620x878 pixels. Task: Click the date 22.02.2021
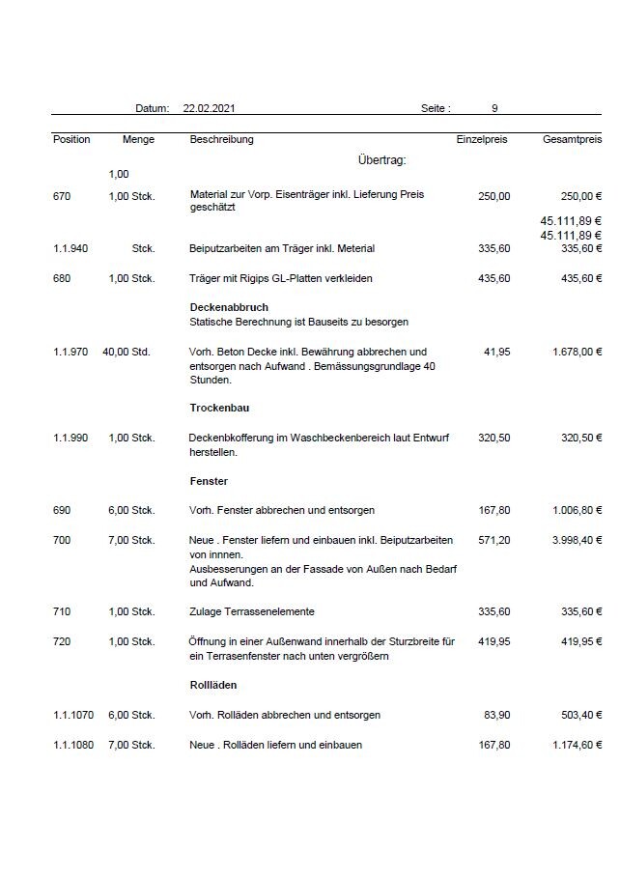pos(208,109)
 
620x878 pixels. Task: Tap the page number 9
pos(494,109)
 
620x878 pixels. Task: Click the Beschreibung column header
pos(222,140)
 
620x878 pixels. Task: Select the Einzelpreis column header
pos(481,140)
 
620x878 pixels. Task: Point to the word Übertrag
pos(381,160)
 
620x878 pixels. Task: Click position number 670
pos(62,196)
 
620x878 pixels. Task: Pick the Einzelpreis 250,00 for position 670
pos(493,196)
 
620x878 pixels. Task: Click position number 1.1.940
pos(71,248)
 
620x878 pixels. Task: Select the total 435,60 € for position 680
pos(578,278)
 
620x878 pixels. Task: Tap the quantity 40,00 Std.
pos(126,352)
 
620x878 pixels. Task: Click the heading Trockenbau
pos(220,408)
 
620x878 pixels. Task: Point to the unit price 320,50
pos(493,438)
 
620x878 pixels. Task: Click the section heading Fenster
pos(209,480)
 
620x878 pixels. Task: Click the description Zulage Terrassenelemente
pos(252,611)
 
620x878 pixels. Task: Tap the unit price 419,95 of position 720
pos(493,641)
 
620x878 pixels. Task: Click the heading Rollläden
pos(213,685)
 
